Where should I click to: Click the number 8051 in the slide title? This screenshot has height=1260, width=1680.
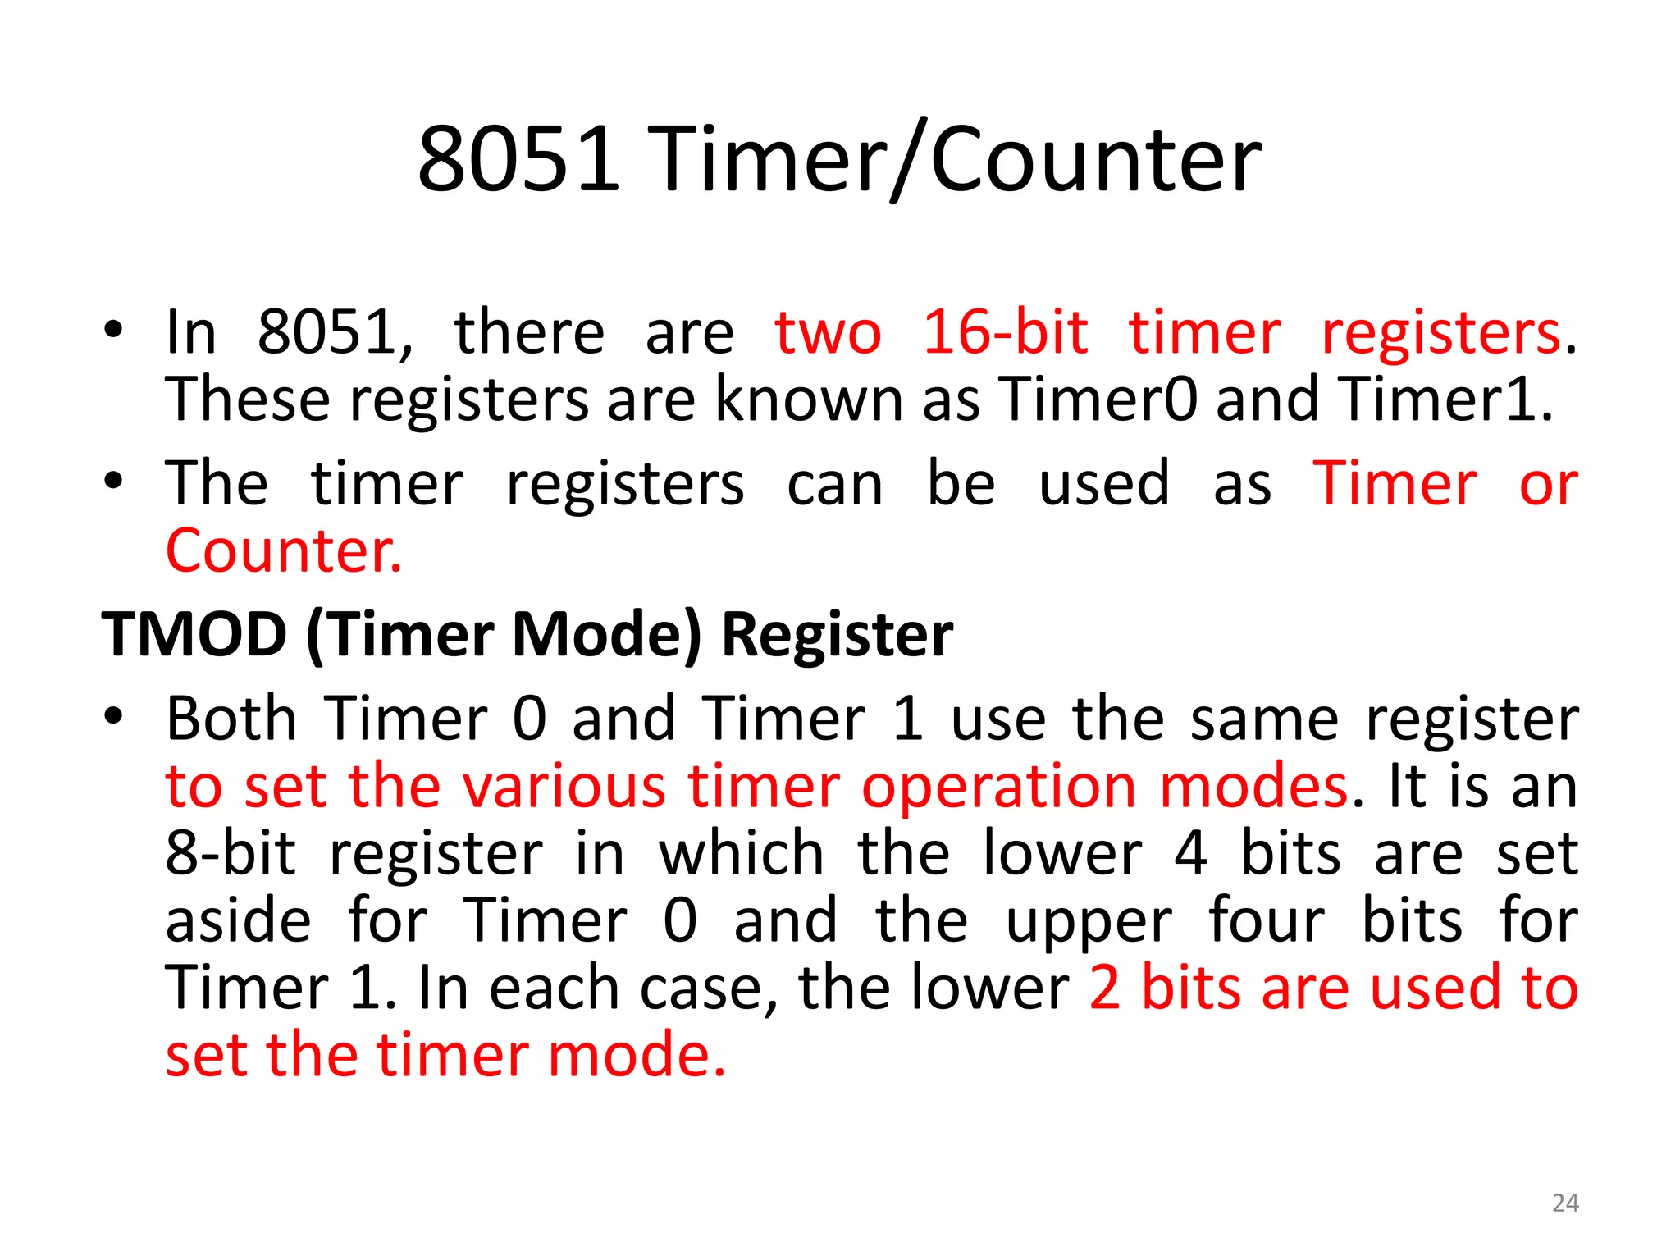(518, 159)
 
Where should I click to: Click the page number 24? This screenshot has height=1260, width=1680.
(1565, 1203)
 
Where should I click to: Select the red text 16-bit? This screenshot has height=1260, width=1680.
(1006, 333)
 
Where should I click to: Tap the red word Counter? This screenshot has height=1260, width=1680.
(284, 550)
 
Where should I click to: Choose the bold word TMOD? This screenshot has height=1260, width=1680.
(194, 634)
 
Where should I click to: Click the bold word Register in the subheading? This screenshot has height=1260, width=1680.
(838, 634)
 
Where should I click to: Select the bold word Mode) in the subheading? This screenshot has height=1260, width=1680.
(608, 634)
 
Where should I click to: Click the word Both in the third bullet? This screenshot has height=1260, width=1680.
(231, 719)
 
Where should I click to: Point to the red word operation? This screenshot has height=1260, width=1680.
(999, 787)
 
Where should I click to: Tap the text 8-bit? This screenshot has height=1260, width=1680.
(231, 854)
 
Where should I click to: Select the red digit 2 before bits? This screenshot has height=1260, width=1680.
(1105, 988)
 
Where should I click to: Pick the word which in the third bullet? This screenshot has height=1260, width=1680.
(742, 854)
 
